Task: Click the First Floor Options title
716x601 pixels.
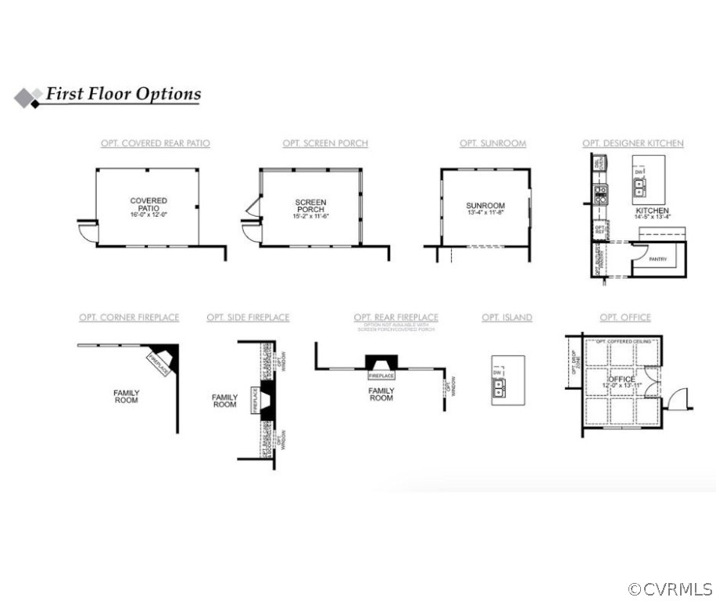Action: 123,94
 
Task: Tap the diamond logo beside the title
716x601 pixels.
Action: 28,97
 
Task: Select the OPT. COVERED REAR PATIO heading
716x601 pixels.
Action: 155,143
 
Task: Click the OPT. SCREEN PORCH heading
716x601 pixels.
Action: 325,143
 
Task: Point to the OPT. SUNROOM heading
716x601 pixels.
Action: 492,143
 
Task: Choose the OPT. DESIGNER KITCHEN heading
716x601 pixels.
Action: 632,143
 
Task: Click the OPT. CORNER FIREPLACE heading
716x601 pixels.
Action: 129,317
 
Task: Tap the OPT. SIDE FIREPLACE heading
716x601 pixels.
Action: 248,317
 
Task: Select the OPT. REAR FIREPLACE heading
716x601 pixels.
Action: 396,317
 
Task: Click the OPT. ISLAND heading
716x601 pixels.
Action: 507,317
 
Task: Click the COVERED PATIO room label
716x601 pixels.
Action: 149,204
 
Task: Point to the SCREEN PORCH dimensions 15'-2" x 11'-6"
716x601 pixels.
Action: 311,216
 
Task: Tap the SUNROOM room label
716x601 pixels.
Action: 485,206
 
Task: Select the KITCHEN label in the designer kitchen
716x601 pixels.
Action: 652,211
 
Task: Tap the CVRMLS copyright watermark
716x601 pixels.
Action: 670,588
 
